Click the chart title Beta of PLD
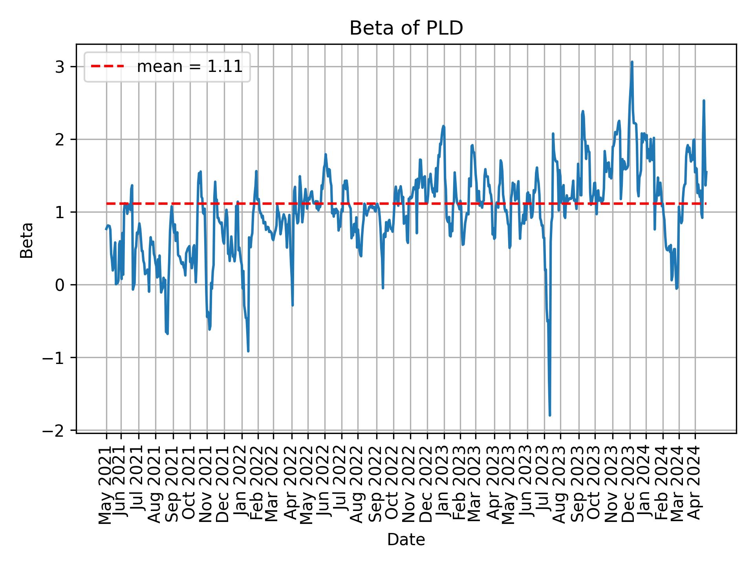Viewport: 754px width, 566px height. click(406, 28)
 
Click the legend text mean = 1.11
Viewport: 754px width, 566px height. click(189, 67)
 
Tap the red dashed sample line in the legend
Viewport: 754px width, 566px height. click(108, 66)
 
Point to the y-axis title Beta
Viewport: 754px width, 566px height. click(27, 240)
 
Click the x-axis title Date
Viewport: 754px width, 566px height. click(406, 540)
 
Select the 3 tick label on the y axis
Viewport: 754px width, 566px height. click(60, 67)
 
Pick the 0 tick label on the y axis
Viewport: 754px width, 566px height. click(60, 285)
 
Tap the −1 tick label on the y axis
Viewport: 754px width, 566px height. click(55, 358)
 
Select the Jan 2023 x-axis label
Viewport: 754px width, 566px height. click(444, 487)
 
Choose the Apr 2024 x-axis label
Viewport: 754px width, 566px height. click(695, 487)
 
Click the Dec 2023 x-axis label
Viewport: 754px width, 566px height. click(630, 487)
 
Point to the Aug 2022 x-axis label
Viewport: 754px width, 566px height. click(357, 487)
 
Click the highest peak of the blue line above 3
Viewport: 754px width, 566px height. click(632, 62)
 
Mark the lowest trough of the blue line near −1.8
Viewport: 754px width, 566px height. click(550, 415)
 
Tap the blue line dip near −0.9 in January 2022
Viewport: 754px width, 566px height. click(248, 351)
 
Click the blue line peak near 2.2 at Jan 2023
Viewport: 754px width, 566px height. click(444, 126)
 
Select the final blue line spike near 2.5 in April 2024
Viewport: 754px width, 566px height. click(704, 101)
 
